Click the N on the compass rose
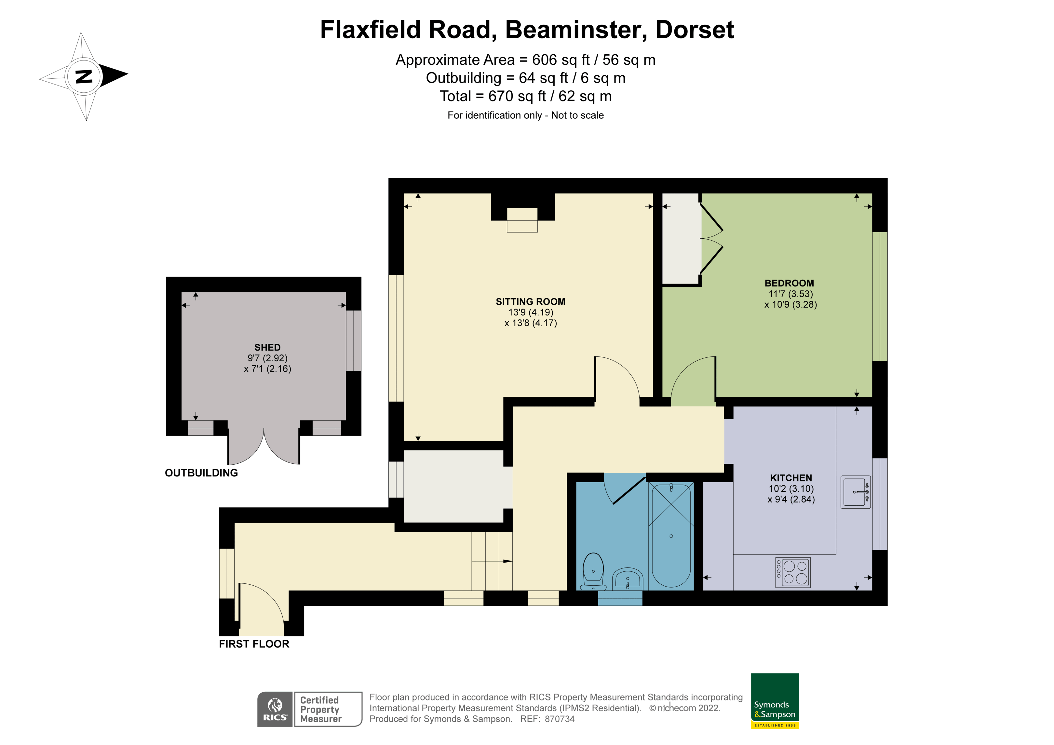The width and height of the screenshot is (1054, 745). pos(84,76)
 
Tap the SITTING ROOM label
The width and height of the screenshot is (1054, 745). pos(530,301)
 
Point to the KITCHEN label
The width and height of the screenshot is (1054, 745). pos(790,478)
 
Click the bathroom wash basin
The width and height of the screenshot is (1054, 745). pos(628,579)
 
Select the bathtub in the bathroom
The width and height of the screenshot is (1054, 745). pos(671,535)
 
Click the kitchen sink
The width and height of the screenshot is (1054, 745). pos(855,492)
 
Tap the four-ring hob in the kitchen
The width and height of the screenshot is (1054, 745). pos(793,572)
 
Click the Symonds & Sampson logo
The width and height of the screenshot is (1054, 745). pos(775,700)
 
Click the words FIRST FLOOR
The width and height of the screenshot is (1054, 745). pos(254,644)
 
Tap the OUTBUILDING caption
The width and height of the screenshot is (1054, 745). pos(201,473)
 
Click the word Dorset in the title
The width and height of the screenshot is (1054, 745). pos(694,30)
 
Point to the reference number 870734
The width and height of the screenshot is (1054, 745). pos(560,719)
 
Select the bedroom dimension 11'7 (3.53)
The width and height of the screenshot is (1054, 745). pos(790,294)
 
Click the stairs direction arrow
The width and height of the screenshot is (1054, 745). pos(507,561)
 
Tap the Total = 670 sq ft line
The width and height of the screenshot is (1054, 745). pos(526,96)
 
